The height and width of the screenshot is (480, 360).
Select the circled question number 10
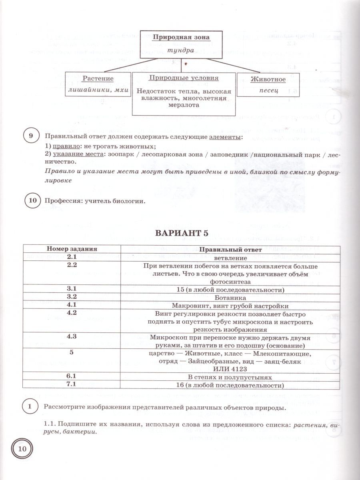tap(33, 200)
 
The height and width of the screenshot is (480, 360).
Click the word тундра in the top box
tap(181, 51)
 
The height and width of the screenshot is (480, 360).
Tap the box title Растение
tap(98, 79)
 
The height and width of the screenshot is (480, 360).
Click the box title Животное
tap(268, 79)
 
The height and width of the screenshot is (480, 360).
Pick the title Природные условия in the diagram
tap(184, 78)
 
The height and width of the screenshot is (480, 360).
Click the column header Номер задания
tap(72, 249)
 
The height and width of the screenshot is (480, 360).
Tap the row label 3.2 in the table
tap(72, 297)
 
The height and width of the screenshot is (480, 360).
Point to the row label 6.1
tap(72, 376)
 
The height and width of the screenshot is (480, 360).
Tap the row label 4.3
tap(72, 337)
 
